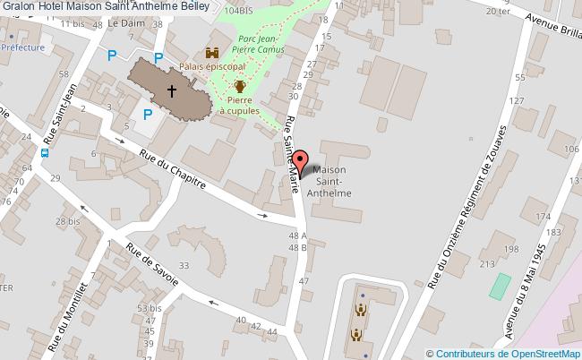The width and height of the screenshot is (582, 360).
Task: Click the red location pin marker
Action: coord(303,163)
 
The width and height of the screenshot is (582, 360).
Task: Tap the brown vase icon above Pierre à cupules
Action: coord(240,87)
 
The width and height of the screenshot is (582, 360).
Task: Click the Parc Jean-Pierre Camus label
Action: coord(261,44)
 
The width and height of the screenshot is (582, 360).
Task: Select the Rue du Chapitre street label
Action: coord(173,170)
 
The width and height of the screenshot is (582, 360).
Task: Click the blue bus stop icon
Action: coord(45,151)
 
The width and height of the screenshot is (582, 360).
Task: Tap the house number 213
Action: coord(488,264)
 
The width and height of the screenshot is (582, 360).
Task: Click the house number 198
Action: coord(510,248)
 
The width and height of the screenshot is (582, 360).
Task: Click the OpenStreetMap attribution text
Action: coord(504,353)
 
